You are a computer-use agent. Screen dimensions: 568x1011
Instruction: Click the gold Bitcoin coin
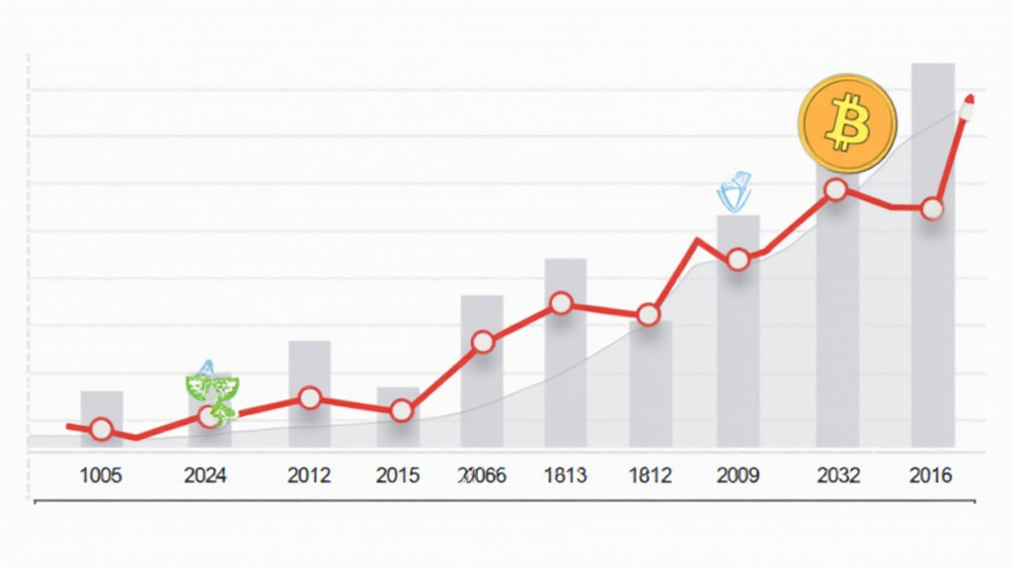pos(847,124)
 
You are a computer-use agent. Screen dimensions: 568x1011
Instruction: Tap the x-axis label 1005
pos(101,476)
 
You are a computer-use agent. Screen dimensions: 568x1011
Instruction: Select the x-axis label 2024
pos(205,476)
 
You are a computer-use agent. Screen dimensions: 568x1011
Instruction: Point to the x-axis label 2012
pos(309,476)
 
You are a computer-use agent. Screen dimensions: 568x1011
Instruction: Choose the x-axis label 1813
pos(565,476)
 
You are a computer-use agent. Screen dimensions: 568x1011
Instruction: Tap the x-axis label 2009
pos(739,476)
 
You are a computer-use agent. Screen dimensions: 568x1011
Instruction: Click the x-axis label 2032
pos(838,476)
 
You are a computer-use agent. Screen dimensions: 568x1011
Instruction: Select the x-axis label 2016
pos(930,476)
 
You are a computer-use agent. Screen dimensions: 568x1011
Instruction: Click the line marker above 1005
pos(101,429)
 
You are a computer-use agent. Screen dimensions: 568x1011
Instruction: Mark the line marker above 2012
pos(310,398)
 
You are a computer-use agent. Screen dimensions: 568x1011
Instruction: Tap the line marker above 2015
pos(401,411)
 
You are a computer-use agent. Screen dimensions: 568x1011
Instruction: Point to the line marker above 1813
pos(562,304)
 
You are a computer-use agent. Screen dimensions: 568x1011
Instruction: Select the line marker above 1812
pos(649,316)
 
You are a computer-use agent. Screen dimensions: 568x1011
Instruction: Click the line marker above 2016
pos(931,209)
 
